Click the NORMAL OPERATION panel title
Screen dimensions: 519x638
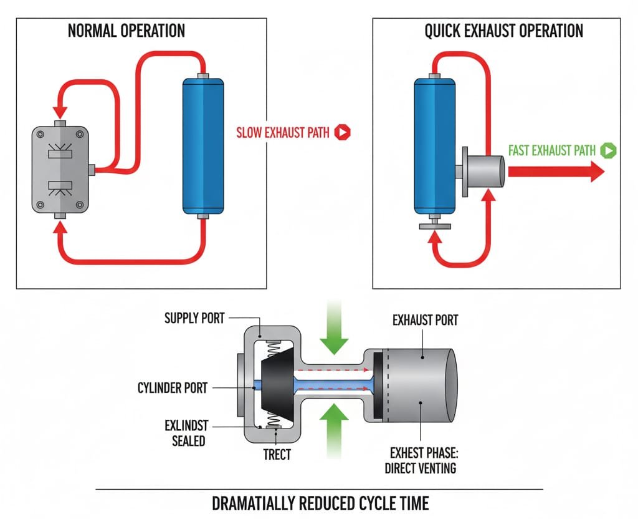[x=126, y=31]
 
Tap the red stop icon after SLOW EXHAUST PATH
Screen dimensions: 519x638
[x=343, y=132]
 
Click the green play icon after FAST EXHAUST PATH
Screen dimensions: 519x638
[x=609, y=150]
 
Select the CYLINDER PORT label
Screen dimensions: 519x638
[x=172, y=388]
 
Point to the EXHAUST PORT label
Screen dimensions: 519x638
[x=426, y=321]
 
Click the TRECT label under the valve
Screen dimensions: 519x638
[x=277, y=454]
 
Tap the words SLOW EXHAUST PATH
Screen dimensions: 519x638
[x=283, y=132]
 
